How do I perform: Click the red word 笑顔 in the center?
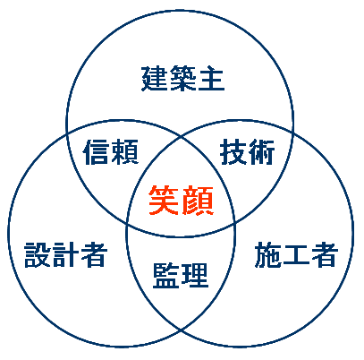pyautogui.click(x=182, y=201)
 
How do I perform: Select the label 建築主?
pyautogui.click(x=182, y=79)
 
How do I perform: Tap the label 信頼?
pyautogui.click(x=111, y=152)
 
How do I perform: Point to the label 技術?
pyautogui.click(x=247, y=152)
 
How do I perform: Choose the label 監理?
pyautogui.click(x=181, y=275)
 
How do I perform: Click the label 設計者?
pyautogui.click(x=66, y=254)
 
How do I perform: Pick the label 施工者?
pyautogui.click(x=297, y=254)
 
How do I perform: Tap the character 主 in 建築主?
pyautogui.click(x=211, y=79)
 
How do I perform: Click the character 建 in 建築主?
pyautogui.click(x=154, y=79)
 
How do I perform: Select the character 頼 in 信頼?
pyautogui.click(x=125, y=152)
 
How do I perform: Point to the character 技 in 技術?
pyautogui.click(x=233, y=152)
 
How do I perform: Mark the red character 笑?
pyautogui.click(x=164, y=201)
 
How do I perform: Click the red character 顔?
pyautogui.click(x=198, y=201)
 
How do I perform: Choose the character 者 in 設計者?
pyautogui.click(x=94, y=254)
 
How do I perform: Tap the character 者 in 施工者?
pyautogui.click(x=325, y=254)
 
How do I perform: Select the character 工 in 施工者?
pyautogui.click(x=296, y=255)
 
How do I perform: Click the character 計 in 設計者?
pyautogui.click(x=66, y=254)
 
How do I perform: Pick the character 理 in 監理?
pyautogui.click(x=195, y=275)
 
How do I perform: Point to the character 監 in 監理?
pyautogui.click(x=166, y=275)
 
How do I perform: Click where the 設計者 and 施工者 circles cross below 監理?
pyautogui.click(x=181, y=330)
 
